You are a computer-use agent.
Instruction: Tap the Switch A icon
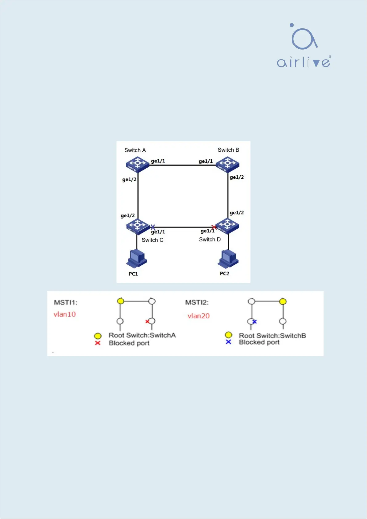coord(137,164)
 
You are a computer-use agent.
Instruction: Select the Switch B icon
coord(227,164)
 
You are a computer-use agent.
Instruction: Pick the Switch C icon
coord(137,226)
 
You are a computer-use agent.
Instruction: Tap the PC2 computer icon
coord(228,258)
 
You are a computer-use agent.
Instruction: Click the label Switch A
coord(135,150)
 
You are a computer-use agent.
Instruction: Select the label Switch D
coord(210,239)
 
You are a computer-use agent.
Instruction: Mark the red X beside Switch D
coord(214,227)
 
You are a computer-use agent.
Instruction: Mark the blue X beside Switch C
coord(153,227)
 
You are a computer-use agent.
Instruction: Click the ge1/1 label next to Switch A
coord(158,161)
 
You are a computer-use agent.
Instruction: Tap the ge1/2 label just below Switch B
coord(237,177)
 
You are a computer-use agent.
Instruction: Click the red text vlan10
coord(65,314)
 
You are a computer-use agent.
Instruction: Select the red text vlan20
coord(198,316)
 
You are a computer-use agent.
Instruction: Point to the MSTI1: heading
coord(66,302)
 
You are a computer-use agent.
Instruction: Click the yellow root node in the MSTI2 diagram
coord(283,301)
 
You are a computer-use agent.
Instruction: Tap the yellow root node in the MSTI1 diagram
coord(120,301)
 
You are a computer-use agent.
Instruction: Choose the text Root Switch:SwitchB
coord(272,336)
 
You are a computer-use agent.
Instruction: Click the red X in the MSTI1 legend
coord(98,343)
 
